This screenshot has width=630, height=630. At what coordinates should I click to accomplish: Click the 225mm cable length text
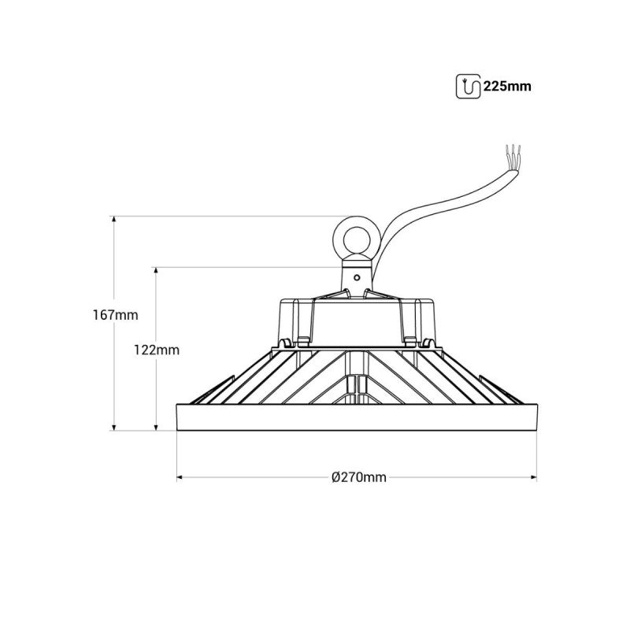[x=508, y=86]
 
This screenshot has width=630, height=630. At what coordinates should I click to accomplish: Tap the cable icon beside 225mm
[x=468, y=86]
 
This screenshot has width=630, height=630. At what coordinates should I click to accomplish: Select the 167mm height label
[x=115, y=314]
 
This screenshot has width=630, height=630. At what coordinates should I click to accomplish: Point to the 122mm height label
[x=157, y=349]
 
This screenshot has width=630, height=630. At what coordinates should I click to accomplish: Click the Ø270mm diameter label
[x=358, y=477]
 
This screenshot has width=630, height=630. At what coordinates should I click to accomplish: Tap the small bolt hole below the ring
[x=357, y=276]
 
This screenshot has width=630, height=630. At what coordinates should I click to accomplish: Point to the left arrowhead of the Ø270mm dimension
[x=180, y=477]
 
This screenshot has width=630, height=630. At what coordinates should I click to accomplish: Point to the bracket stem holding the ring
[x=356, y=280]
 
